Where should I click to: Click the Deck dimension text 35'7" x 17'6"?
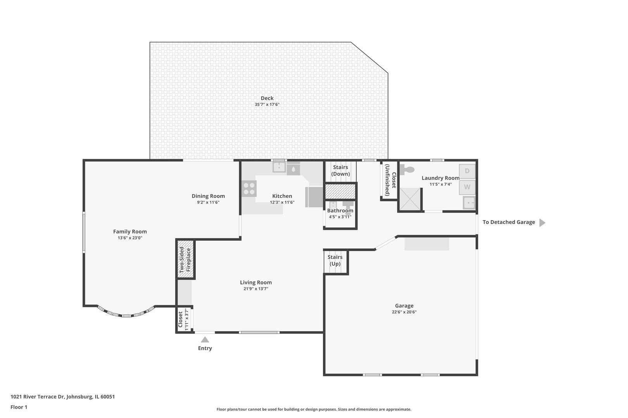pyautogui.click(x=267, y=104)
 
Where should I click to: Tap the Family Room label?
pyautogui.click(x=130, y=231)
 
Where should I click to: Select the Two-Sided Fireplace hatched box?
pyautogui.click(x=186, y=259)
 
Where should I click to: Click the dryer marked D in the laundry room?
pyautogui.click(x=467, y=171)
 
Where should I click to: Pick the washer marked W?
pyautogui.click(x=467, y=187)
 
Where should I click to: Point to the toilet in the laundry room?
pyautogui.click(x=407, y=170)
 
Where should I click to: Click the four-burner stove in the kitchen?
pyautogui.click(x=249, y=188)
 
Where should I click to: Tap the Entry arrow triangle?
pyautogui.click(x=205, y=339)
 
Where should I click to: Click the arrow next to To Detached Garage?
pyautogui.click(x=542, y=223)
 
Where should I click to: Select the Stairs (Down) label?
pyautogui.click(x=340, y=171)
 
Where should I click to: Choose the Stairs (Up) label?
pyautogui.click(x=335, y=260)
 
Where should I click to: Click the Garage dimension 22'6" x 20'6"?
pyautogui.click(x=404, y=312)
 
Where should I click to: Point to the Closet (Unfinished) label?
pyautogui.click(x=390, y=180)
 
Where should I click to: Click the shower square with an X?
pyautogui.click(x=410, y=199)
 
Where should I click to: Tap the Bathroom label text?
pyautogui.click(x=340, y=211)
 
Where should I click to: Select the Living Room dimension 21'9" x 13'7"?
pyautogui.click(x=256, y=289)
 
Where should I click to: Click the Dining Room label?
pyautogui.click(x=208, y=196)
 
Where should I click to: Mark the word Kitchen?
pyautogui.click(x=282, y=196)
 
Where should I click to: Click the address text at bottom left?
pyautogui.click(x=62, y=396)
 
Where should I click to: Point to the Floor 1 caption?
pyautogui.click(x=19, y=407)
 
